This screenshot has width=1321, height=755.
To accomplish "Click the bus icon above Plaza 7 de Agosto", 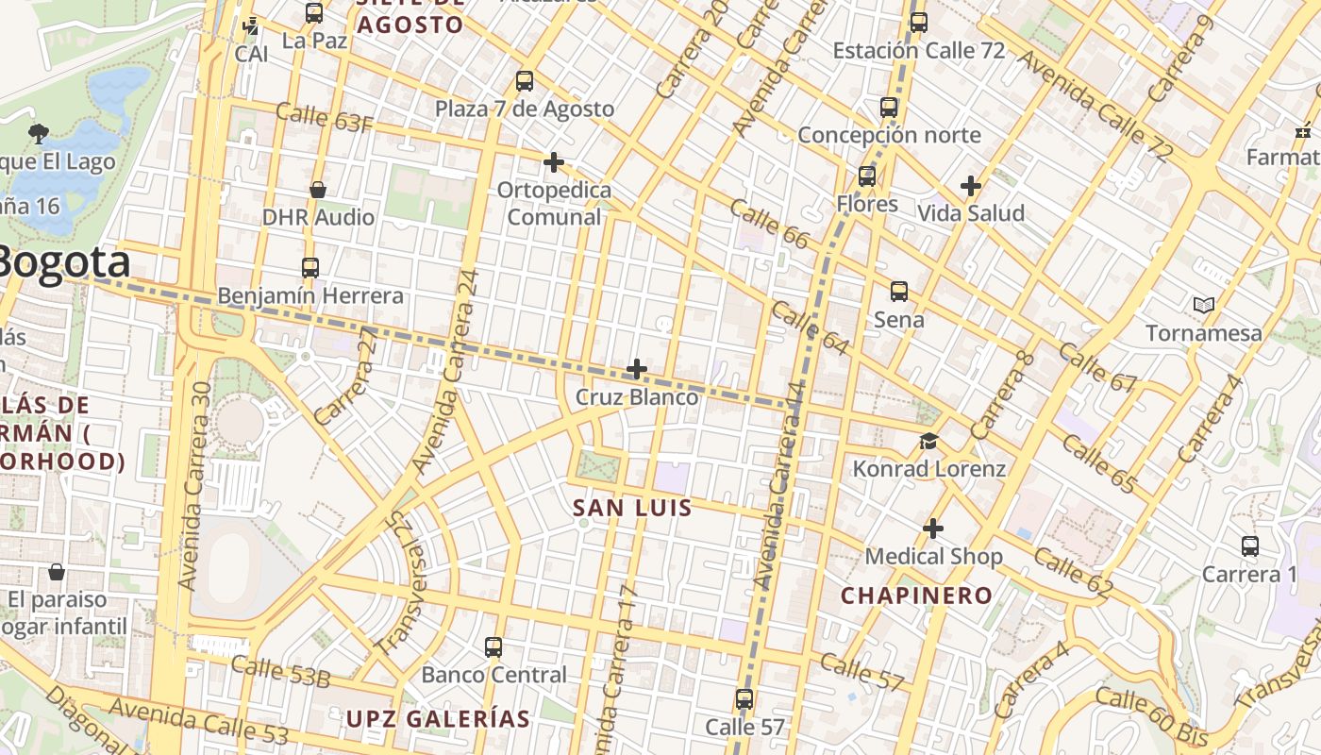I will click(525, 81).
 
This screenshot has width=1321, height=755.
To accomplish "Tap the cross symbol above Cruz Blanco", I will click(637, 368).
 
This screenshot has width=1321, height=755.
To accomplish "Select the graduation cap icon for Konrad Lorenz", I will click(929, 441).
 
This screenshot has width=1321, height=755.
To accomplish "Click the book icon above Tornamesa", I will click(1203, 305).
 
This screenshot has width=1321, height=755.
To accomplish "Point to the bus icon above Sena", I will click(899, 292).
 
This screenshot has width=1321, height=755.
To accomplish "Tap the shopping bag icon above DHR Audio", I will click(318, 190).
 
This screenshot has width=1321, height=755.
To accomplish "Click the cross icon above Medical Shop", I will click(933, 528).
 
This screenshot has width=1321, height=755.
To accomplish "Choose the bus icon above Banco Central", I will click(493, 647).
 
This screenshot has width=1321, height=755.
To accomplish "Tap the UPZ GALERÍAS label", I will click(438, 718).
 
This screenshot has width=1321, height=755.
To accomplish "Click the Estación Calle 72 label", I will click(919, 50).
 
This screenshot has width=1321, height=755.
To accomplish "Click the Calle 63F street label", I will click(325, 119).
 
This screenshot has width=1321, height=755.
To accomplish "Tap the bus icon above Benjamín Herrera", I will click(310, 268).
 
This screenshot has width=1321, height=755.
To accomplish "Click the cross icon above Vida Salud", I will click(970, 186).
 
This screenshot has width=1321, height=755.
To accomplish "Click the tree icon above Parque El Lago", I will click(39, 133).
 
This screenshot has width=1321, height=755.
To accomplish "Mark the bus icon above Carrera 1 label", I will click(1250, 546).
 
